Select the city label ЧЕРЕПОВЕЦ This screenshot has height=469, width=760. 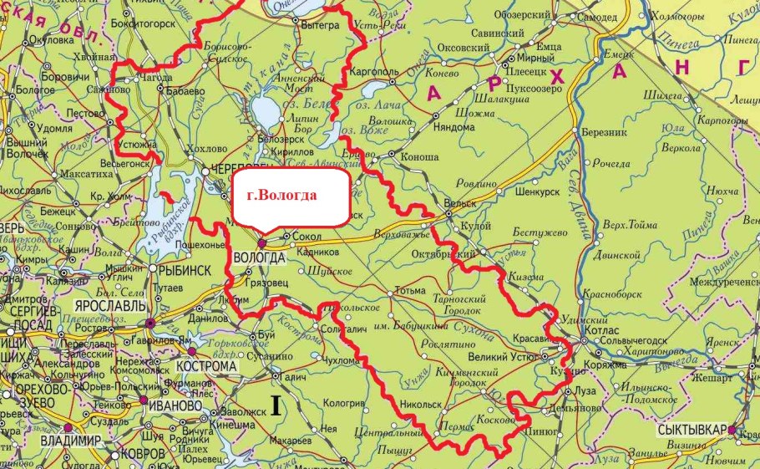tap(243, 167)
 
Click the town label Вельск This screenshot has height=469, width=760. tap(461, 202)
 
